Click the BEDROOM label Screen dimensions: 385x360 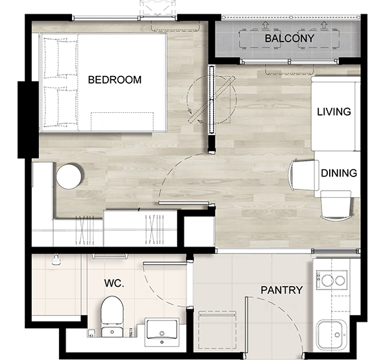point(115,80)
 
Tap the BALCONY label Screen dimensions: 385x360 point(290,38)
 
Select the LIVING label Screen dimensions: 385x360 point(334,112)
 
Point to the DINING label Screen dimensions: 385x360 point(339,173)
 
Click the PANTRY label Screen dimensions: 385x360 point(282,290)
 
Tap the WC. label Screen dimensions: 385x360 point(114,283)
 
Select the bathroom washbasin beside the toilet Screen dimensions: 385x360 point(162,332)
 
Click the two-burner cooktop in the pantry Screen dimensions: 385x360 point(332,280)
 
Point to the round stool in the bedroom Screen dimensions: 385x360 point(69,176)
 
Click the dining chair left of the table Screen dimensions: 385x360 point(304,175)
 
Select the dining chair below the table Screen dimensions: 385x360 point(336,206)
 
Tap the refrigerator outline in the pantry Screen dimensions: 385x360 point(217,330)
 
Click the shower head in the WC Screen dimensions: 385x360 point(56,259)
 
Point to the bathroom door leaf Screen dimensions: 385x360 point(166,263)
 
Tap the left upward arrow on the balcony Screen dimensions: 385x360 point(265,24)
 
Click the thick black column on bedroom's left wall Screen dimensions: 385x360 point(28,119)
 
